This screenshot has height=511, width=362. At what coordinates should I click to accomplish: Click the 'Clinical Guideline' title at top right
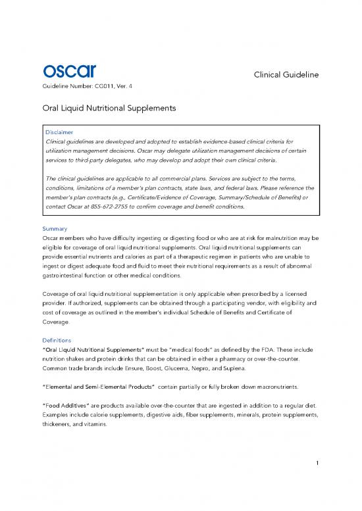coord(286,75)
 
